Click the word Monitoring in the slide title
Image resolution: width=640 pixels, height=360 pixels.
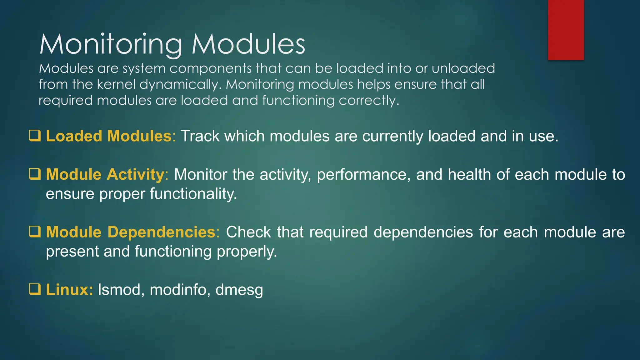(111, 44)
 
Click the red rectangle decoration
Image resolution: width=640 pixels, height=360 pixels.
(566, 30)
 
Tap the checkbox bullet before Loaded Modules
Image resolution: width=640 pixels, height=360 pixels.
(35, 136)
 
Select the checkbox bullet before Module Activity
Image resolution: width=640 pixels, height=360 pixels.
(35, 174)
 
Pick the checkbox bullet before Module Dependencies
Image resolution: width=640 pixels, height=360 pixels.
(35, 232)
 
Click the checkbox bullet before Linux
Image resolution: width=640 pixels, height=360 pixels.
(35, 289)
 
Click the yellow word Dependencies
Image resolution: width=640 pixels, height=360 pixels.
(162, 232)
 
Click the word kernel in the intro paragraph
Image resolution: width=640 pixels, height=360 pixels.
(116, 84)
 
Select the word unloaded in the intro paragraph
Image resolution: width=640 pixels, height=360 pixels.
(463, 68)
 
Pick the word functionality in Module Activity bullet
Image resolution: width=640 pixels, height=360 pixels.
(193, 194)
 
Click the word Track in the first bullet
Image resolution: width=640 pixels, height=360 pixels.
(200, 136)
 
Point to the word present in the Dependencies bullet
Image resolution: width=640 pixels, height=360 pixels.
(72, 252)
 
